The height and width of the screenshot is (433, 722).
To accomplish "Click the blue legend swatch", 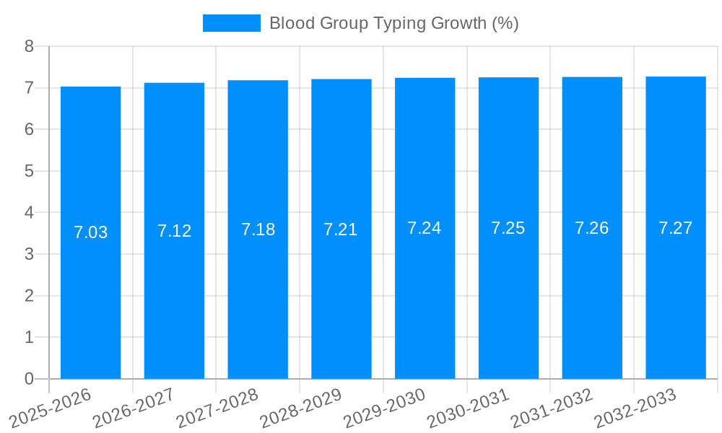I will (x=231, y=23).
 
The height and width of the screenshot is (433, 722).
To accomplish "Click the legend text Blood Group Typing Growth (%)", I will (x=393, y=23).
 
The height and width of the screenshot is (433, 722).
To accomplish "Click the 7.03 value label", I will (x=90, y=232).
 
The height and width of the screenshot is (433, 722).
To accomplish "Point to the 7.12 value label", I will (x=174, y=231).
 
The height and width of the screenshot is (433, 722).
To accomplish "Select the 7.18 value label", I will (x=258, y=229).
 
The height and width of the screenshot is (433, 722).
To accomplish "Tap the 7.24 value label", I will (x=425, y=228).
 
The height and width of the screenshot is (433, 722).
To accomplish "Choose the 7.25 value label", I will (x=508, y=228).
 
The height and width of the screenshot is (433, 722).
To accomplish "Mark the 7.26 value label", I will (x=592, y=228).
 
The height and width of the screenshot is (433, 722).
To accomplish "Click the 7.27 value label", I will (x=675, y=228).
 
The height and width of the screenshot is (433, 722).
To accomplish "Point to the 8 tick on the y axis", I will (x=30, y=46).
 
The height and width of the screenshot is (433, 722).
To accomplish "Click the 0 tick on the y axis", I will (x=30, y=379).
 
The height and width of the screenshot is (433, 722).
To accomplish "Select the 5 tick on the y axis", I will (x=30, y=171).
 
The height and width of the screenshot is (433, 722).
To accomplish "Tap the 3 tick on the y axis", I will (x=30, y=254).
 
